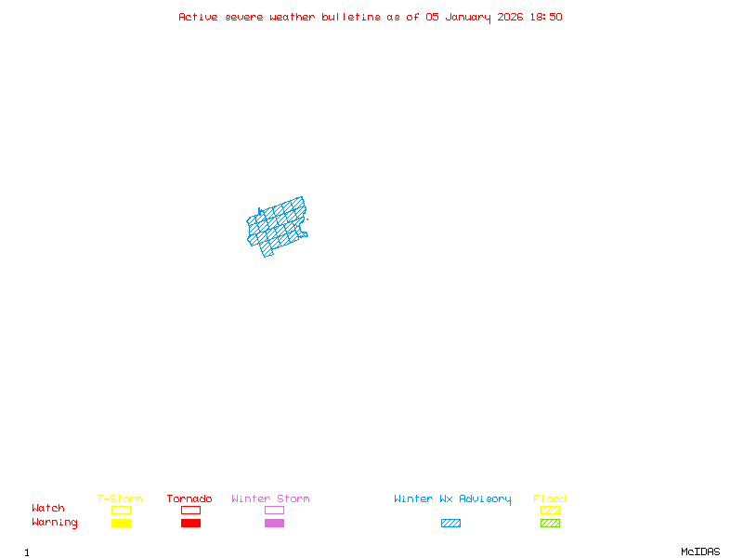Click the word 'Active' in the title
click(x=198, y=17)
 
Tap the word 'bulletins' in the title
click(x=351, y=17)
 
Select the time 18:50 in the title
click(x=546, y=17)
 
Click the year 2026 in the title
click(x=511, y=17)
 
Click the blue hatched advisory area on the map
click(x=278, y=226)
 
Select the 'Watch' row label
click(x=48, y=509)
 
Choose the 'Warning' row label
click(x=55, y=523)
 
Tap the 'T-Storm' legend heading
click(x=120, y=498)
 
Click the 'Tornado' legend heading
click(x=189, y=498)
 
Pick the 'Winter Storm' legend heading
click(x=270, y=498)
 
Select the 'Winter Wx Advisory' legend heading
click(x=452, y=498)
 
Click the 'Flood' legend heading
click(x=550, y=498)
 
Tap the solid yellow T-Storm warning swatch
click(x=121, y=524)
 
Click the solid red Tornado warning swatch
click(x=190, y=524)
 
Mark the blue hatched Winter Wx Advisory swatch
click(x=450, y=524)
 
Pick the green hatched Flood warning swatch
click(x=550, y=524)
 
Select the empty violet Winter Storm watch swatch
click(x=274, y=510)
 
